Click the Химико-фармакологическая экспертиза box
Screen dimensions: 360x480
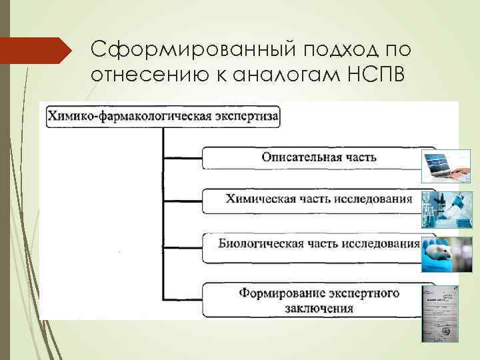163,116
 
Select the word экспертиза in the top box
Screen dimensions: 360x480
251,116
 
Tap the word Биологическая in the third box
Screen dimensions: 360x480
261,243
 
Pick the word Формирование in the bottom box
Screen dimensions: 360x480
281,293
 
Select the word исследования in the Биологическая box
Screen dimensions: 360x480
381,243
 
